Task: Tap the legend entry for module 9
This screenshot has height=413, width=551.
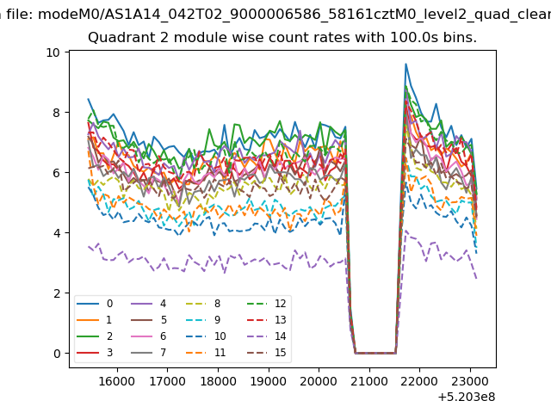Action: point(203,319)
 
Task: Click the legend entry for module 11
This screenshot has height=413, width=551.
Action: point(205,352)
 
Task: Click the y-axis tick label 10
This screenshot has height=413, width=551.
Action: point(53,52)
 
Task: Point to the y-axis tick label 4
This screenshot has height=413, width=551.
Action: point(57,233)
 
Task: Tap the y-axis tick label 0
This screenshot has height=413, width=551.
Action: point(57,354)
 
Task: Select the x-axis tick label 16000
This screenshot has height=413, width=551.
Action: point(117,381)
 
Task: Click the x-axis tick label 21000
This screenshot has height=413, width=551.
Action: point(369,381)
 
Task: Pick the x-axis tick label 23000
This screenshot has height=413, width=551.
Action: point(470,381)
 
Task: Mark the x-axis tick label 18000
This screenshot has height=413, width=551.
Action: point(218,381)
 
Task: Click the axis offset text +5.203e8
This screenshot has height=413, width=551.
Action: point(467,398)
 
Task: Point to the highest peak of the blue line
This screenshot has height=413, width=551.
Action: point(406,64)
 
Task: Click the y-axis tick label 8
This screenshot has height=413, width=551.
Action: point(57,113)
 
